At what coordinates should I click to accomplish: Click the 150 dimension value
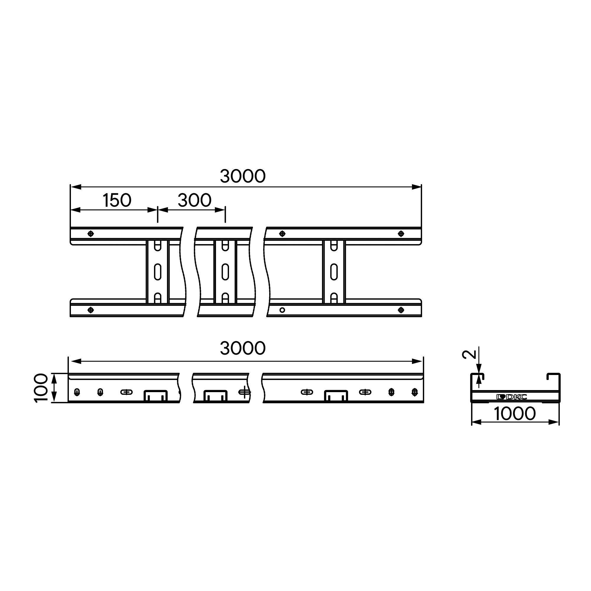point(117,200)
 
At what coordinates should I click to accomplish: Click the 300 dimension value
point(194,200)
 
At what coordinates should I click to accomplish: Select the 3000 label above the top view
point(243,176)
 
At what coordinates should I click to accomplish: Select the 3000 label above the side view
point(243,348)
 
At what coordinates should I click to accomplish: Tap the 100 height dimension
point(41,388)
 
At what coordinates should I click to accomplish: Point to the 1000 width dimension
point(515,414)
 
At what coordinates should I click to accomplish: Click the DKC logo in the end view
point(512,397)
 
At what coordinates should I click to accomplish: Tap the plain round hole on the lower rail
point(282,310)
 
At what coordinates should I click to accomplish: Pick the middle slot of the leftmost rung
point(158,271)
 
